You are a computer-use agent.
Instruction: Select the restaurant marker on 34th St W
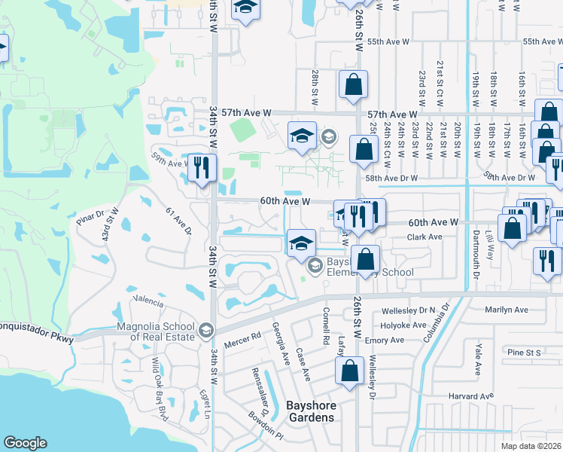point(201,169)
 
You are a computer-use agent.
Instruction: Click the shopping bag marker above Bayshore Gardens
point(349,372)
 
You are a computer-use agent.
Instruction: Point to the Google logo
point(25,443)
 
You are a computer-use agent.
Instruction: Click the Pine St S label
point(524,352)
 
